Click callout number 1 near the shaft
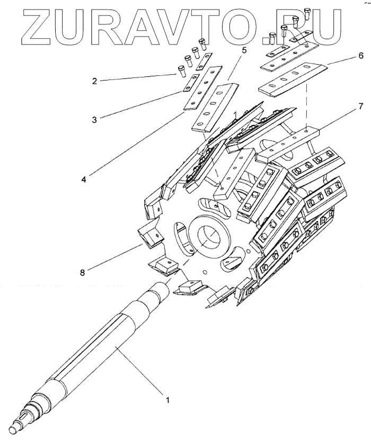click(168, 400)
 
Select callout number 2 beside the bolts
click(94, 81)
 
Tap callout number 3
click(93, 120)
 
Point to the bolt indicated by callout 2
click(181, 69)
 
